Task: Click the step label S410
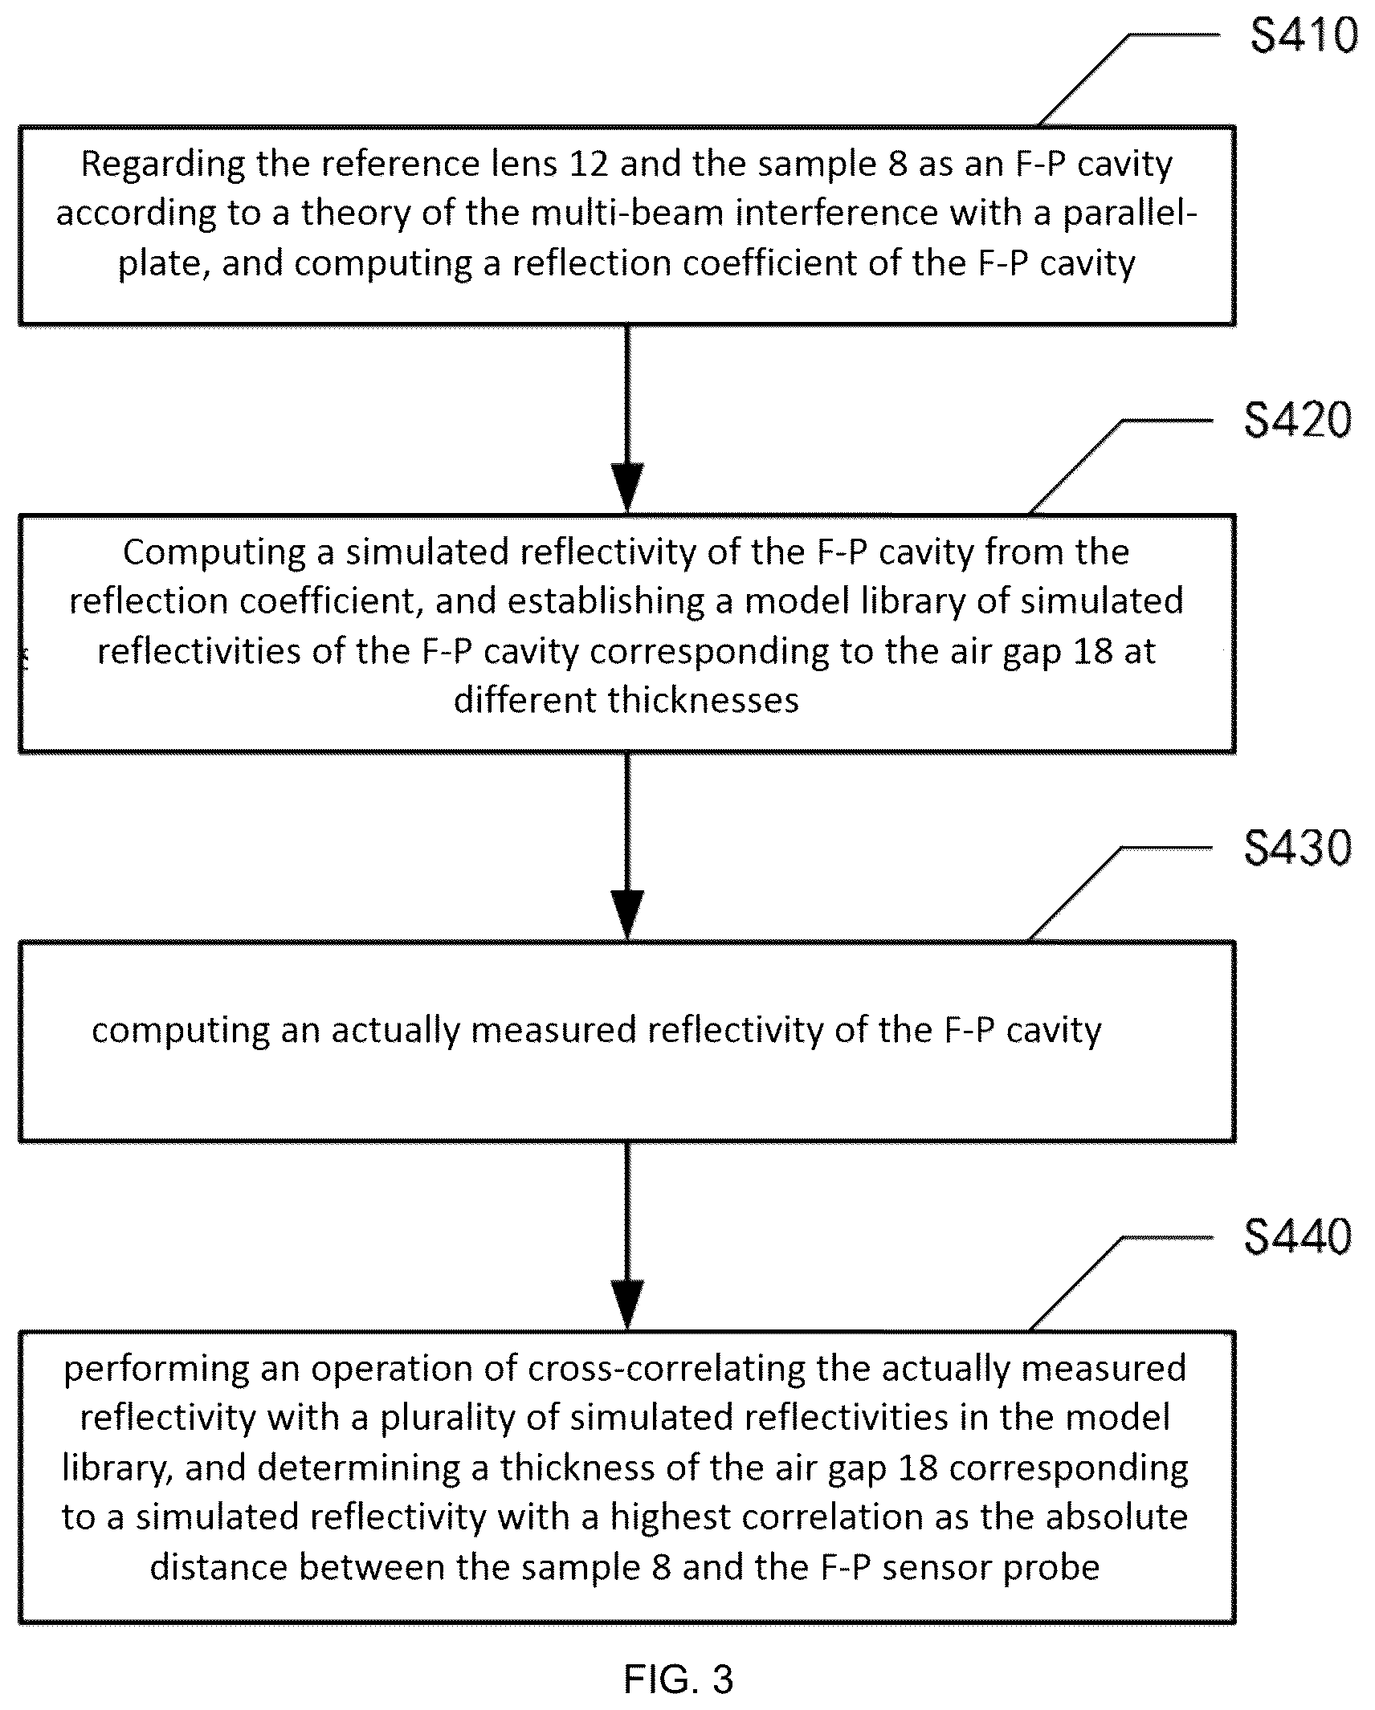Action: coord(1304,36)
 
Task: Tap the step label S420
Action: coord(1298,420)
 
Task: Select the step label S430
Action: coord(1298,848)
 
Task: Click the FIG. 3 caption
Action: coord(679,1679)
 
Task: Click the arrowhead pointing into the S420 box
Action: coord(627,487)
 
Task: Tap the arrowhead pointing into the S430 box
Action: coord(627,915)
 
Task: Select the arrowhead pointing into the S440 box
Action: coord(627,1304)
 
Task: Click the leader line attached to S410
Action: coord(1128,80)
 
